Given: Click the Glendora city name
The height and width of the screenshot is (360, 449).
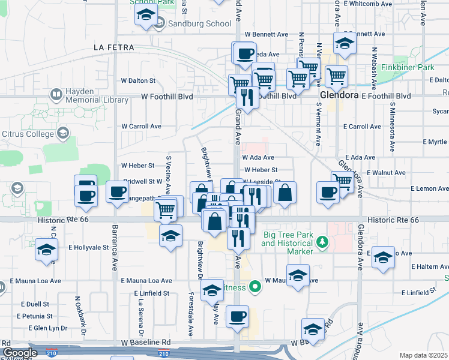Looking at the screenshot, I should pos(339,95).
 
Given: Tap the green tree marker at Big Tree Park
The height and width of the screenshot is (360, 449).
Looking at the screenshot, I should pos(323,242).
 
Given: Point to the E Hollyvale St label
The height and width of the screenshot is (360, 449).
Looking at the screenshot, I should pos(88,247).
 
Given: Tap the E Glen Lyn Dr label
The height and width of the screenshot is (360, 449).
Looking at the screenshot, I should pos(48,328).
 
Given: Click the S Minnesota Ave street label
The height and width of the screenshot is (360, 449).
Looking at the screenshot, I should pos(391,119).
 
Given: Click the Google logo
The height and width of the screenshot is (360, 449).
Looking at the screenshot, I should pos(19,353).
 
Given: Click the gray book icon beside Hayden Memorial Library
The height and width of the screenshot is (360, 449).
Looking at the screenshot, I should pos(56,94).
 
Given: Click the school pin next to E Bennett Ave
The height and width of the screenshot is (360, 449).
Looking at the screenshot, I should pos(345,44).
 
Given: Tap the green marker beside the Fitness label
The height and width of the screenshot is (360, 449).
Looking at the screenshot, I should pos(255,287).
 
